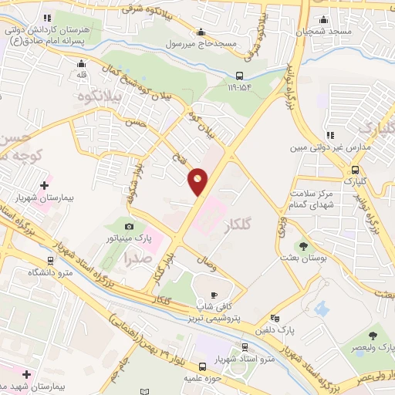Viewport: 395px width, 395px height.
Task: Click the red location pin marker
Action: pyautogui.click(x=198, y=181)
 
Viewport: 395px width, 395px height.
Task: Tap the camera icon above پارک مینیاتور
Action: pyautogui.click(x=129, y=226)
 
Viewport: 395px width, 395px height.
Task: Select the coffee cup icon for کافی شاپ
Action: pyautogui.click(x=214, y=295)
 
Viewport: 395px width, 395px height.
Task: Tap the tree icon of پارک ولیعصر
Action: pyautogui.click(x=373, y=336)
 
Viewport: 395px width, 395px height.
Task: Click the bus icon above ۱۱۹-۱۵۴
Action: pyautogui.click(x=240, y=76)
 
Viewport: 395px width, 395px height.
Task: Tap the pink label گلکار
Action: pyautogui.click(x=237, y=226)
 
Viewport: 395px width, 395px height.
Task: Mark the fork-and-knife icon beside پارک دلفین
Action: pyautogui.click(x=274, y=318)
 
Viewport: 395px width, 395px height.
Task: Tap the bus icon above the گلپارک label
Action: pyautogui.click(x=354, y=170)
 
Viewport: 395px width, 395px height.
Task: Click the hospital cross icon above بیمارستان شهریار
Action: pyautogui.click(x=44, y=185)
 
